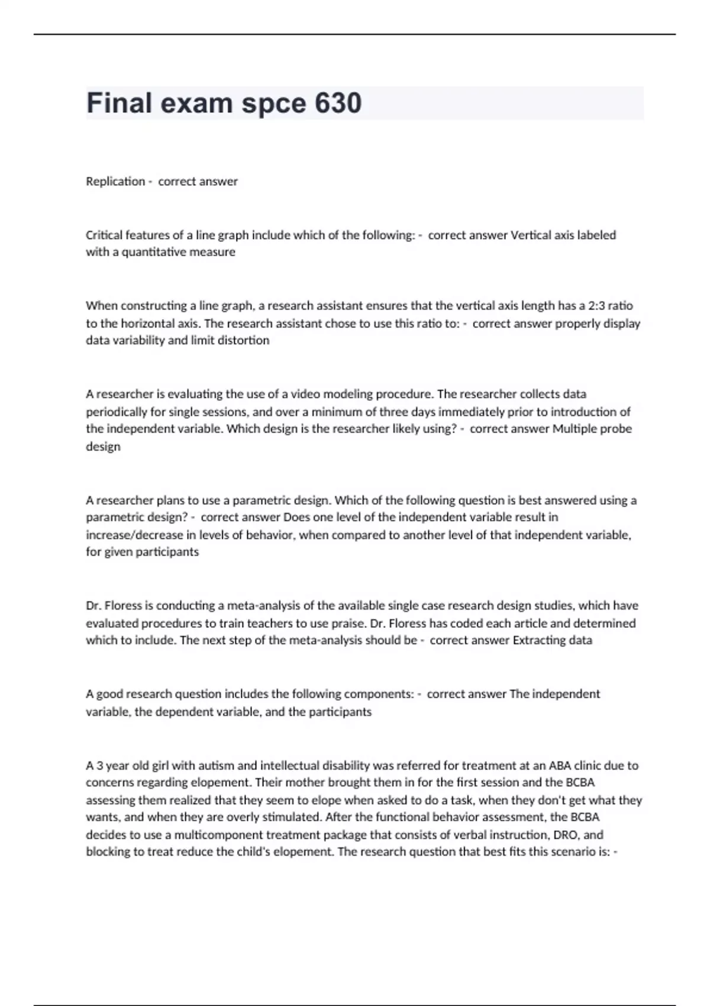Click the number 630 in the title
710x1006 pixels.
point(338,103)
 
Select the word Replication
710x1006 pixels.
point(115,182)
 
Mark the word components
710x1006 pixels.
point(378,694)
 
